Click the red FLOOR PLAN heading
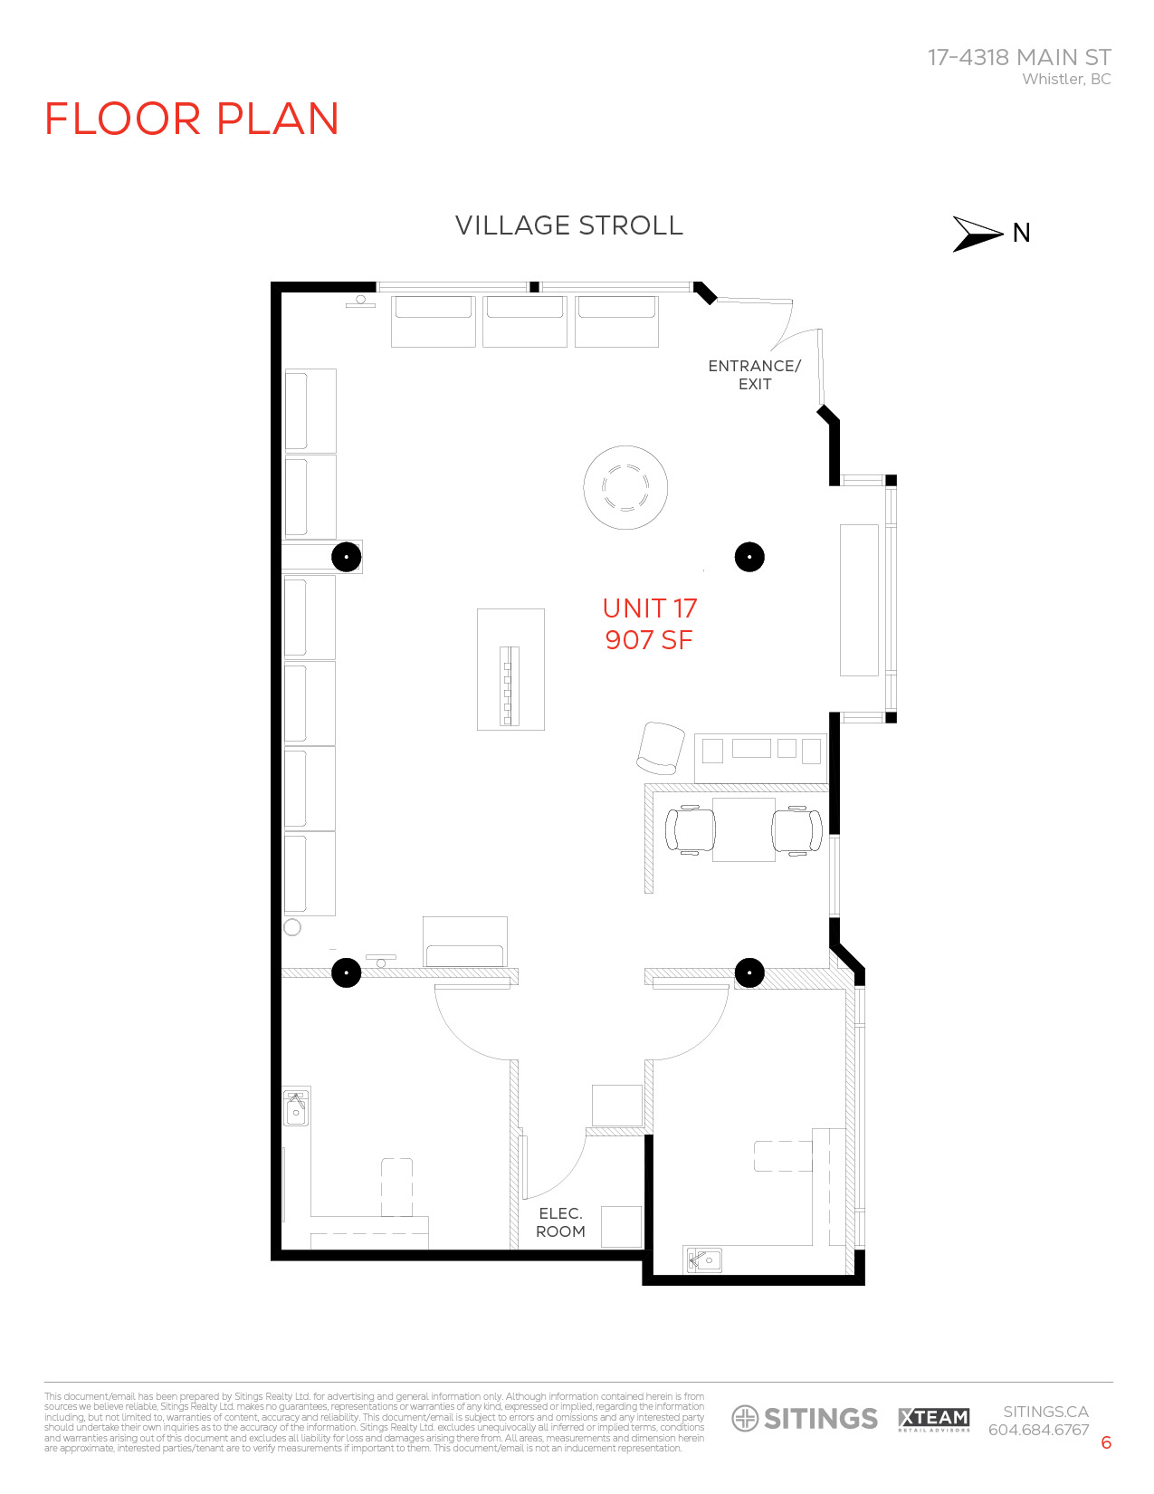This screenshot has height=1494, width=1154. click(191, 120)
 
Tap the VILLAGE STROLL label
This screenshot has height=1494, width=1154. click(568, 225)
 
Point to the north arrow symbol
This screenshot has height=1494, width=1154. click(977, 234)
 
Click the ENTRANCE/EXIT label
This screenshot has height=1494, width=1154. click(754, 375)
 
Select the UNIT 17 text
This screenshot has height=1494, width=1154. click(649, 608)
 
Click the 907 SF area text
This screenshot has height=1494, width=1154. click(648, 640)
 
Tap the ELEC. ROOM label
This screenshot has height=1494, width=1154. click(560, 1222)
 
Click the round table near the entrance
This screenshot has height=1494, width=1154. click(625, 487)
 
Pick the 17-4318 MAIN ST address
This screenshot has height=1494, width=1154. click(1019, 57)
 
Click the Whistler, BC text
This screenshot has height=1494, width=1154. click(1066, 80)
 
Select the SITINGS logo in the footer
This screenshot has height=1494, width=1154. click(805, 1419)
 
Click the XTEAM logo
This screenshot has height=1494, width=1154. click(933, 1419)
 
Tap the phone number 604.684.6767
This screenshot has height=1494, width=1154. click(1038, 1431)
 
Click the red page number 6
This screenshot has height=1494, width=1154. click(1105, 1443)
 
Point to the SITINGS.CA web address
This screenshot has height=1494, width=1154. click(1045, 1412)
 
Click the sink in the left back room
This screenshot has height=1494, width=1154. click(296, 1108)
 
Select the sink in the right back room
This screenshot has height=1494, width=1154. click(704, 1259)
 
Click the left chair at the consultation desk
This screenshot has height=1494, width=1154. click(690, 829)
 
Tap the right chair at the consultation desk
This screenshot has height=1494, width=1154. click(797, 829)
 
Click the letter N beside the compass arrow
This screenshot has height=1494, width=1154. click(1021, 234)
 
